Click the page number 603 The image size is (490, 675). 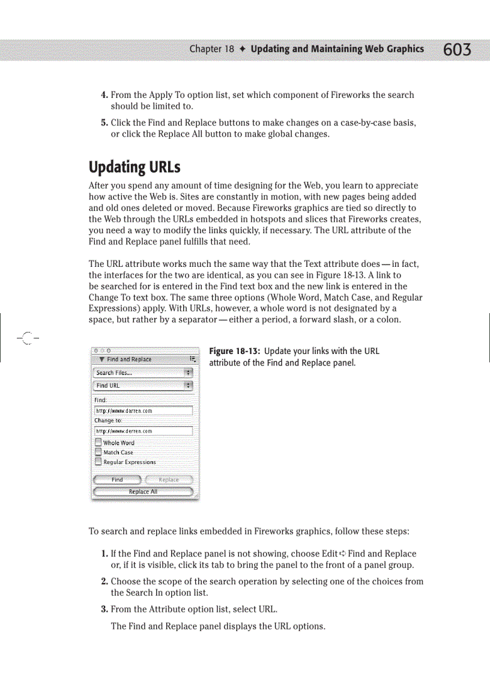pyautogui.click(x=457, y=50)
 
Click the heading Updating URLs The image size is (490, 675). pyautogui.click(x=135, y=166)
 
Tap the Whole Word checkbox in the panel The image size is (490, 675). pyautogui.click(x=98, y=442)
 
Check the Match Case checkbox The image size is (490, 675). pyautogui.click(x=98, y=452)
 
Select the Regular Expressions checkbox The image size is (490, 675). pyautogui.click(x=98, y=462)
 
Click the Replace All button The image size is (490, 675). pyautogui.click(x=143, y=492)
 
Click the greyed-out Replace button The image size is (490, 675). pyautogui.click(x=169, y=480)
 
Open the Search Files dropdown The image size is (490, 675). pyautogui.click(x=143, y=373)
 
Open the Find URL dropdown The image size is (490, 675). pyautogui.click(x=143, y=385)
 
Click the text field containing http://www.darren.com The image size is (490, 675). pyautogui.click(x=143, y=411)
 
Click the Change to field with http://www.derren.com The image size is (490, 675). pyautogui.click(x=143, y=431)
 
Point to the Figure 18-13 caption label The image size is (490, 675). pyautogui.click(x=234, y=351)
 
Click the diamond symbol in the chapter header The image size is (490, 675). pyautogui.click(x=242, y=49)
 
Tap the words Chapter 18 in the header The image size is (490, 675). pyautogui.click(x=211, y=49)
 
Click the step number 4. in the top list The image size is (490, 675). pyautogui.click(x=104, y=95)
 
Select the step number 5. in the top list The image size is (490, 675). pyautogui.click(x=104, y=123)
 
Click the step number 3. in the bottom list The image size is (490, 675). pyautogui.click(x=104, y=609)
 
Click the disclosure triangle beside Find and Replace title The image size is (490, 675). pyautogui.click(x=101, y=359)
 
